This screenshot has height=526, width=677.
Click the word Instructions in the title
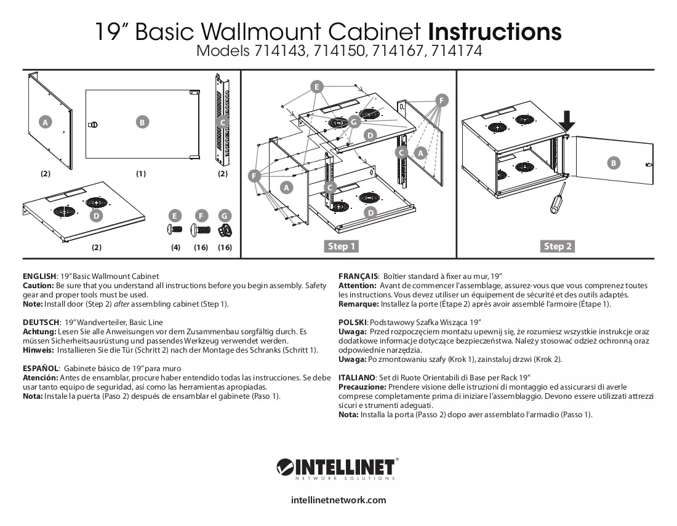click(x=495, y=31)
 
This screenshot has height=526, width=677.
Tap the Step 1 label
click(x=342, y=246)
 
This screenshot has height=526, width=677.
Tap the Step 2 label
click(x=558, y=246)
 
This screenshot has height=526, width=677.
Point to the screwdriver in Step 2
click(x=556, y=197)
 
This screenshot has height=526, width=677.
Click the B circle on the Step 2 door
click(x=613, y=163)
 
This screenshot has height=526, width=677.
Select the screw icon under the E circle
click(x=174, y=229)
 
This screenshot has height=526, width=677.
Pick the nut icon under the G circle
click(x=225, y=230)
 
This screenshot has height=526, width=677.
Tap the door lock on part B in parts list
click(x=92, y=125)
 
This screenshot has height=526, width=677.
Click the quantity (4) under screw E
click(x=176, y=248)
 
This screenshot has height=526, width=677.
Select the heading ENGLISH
click(x=39, y=277)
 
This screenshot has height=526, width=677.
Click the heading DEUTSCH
click(x=41, y=323)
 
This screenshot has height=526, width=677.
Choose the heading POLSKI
click(x=352, y=323)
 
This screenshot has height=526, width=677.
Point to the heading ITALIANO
click(x=356, y=378)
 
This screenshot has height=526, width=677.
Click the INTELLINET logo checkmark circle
click(x=286, y=467)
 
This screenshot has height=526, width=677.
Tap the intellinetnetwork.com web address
click(x=338, y=500)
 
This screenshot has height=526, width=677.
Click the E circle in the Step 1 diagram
click(x=317, y=87)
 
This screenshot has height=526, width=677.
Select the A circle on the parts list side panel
click(x=45, y=122)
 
